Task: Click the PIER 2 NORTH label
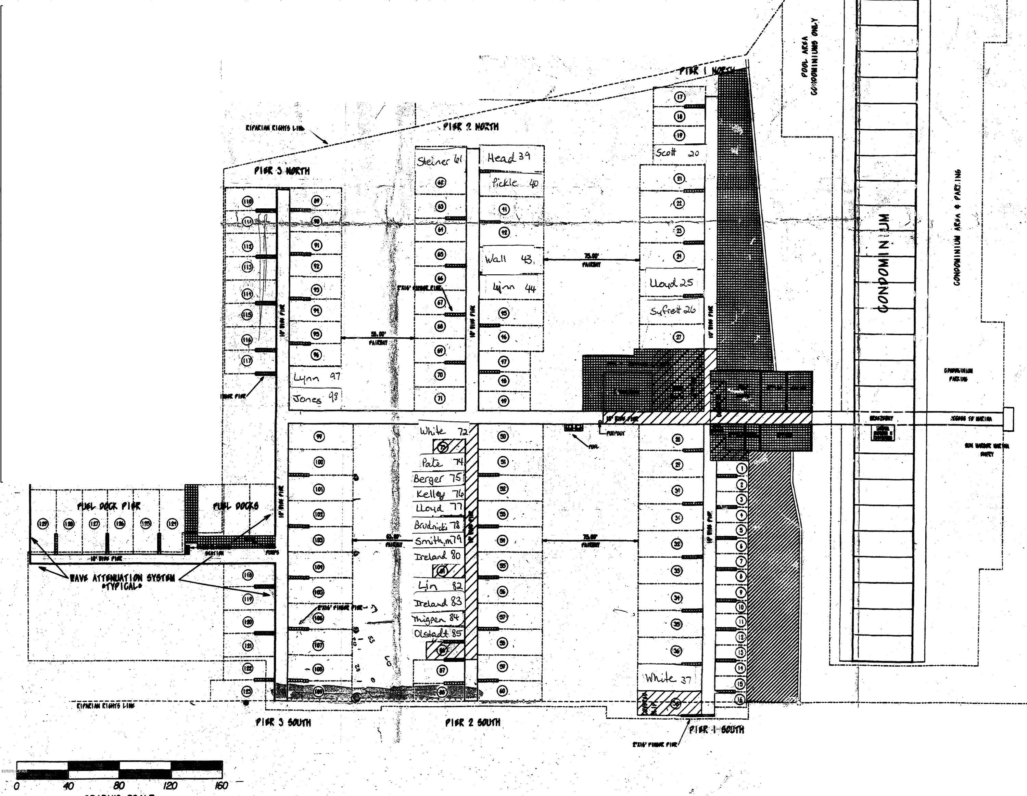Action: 471,127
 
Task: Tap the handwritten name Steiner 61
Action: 439,161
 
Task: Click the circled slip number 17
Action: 680,97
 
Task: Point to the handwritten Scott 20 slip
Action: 677,153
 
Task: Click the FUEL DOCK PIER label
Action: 109,506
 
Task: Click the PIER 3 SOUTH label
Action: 283,722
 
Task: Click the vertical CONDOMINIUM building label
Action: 884,263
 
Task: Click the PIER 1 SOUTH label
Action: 716,730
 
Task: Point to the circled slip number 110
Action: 248,201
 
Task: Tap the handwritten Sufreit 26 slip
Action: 672,311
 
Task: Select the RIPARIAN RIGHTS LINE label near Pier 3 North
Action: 275,128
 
